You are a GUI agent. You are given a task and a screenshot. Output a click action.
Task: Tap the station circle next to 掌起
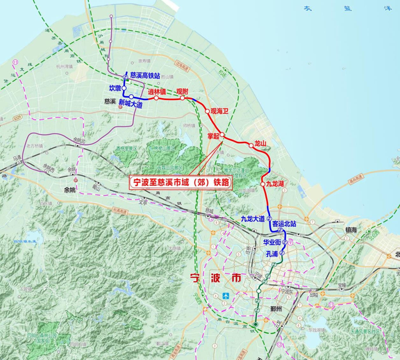click(222, 134)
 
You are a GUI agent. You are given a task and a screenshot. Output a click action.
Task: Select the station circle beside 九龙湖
click(263, 183)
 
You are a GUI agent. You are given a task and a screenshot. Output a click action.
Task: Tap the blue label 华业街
click(272, 241)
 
